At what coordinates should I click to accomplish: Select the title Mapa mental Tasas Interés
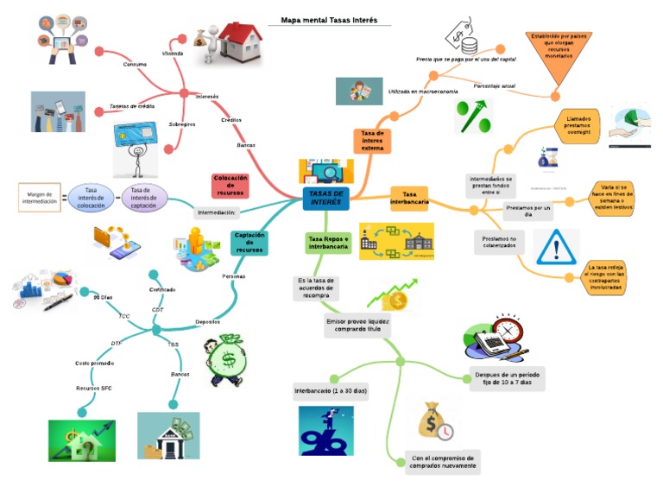pos(329,20)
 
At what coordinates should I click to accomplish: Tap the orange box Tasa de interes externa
pos(372,141)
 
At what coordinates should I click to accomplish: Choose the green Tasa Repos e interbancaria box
pos(328,243)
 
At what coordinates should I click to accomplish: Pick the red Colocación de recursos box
pos(230,185)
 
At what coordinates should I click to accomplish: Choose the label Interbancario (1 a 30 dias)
pos(331,391)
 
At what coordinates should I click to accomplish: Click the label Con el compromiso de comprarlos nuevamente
pos(444,461)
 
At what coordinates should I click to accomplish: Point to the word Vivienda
pos(173,54)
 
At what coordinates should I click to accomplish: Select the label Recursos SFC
pos(93,388)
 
